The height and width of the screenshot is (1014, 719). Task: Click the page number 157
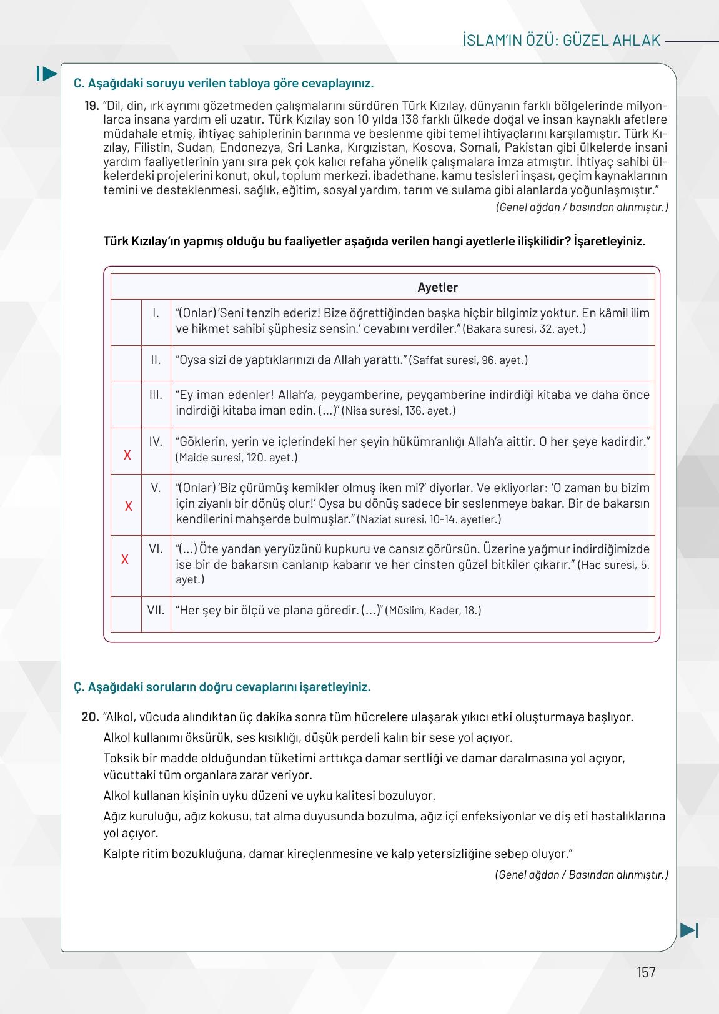(x=646, y=972)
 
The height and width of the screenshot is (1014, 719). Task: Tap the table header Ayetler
(x=437, y=287)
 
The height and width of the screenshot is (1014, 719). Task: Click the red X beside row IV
(x=127, y=455)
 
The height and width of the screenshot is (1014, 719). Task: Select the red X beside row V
(x=129, y=506)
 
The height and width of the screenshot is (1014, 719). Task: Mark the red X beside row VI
(x=125, y=559)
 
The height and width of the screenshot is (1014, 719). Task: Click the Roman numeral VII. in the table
(x=156, y=610)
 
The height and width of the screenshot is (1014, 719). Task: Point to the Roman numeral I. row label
(x=156, y=313)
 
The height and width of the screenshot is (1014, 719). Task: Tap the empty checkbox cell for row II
(x=126, y=363)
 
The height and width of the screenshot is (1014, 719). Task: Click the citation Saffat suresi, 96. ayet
(x=469, y=360)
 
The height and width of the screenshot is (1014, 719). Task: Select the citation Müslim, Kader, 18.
(x=434, y=611)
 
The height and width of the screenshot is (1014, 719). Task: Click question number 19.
(x=92, y=106)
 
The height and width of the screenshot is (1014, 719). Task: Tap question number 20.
(x=91, y=717)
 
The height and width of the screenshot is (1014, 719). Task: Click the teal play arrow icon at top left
(x=46, y=74)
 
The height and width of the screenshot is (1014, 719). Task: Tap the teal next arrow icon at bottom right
(x=688, y=930)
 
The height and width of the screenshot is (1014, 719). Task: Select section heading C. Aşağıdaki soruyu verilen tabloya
(x=224, y=83)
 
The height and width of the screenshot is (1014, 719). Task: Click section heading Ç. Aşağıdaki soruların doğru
(x=222, y=687)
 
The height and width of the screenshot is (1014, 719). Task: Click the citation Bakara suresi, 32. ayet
(x=525, y=328)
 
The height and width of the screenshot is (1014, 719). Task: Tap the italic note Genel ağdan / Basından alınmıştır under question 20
(x=582, y=874)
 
